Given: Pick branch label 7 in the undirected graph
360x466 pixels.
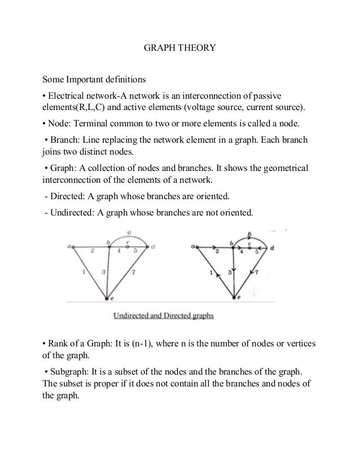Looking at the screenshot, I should point(133,273).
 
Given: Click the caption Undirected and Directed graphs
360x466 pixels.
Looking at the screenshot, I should point(164,316).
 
